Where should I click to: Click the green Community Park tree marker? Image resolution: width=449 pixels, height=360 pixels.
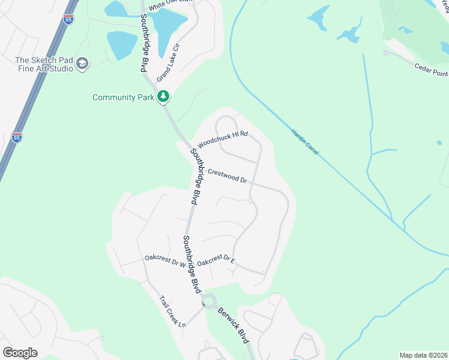[x=163, y=97]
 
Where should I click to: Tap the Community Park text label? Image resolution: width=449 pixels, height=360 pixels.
[x=124, y=97]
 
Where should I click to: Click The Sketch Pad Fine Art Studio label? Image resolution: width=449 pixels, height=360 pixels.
[x=44, y=64]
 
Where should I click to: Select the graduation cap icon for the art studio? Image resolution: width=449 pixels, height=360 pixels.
[x=82, y=64]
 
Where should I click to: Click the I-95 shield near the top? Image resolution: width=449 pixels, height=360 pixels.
[x=68, y=19]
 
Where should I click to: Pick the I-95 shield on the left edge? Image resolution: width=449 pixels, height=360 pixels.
[x=17, y=137]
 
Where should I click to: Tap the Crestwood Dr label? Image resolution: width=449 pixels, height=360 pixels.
[x=228, y=176]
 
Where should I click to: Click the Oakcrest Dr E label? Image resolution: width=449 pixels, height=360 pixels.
[x=216, y=262]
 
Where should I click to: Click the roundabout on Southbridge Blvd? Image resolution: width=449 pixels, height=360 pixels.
[x=209, y=301]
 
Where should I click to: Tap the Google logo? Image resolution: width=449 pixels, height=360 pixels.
[x=20, y=353]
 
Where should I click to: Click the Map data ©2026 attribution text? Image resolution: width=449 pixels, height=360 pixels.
[x=423, y=355]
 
